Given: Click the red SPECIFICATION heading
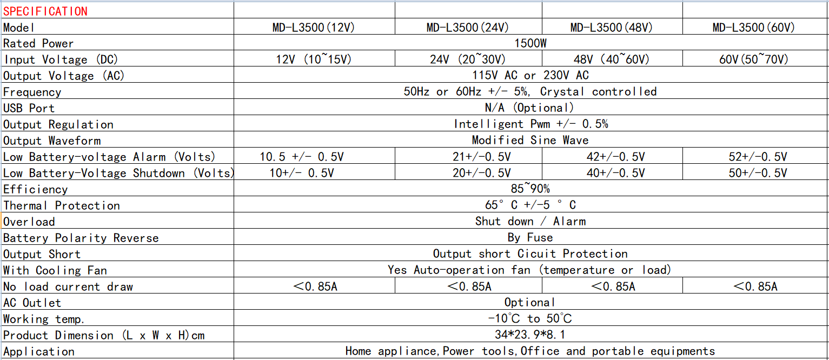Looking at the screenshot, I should coord(45,11).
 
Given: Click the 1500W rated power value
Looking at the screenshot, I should coord(530,43).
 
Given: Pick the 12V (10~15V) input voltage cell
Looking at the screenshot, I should coord(314,59).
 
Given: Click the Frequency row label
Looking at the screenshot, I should coord(32,92).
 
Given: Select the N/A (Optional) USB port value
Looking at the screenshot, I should coord(530,108).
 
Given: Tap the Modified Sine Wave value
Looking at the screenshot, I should coord(530,141).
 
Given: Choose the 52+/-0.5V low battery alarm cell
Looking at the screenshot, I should coord(758,157).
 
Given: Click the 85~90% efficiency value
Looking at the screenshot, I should coord(530,189).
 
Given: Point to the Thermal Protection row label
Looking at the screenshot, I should coord(62,205).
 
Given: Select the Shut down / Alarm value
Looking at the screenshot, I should coord(530,221).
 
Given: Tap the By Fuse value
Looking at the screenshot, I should coord(530,237).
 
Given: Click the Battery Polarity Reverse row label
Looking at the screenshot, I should coord(81,238).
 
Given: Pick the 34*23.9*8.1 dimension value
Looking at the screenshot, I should coord(530,335).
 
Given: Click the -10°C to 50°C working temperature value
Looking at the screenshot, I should coord(530,318).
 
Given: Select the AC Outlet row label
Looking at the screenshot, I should coord(32,303).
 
